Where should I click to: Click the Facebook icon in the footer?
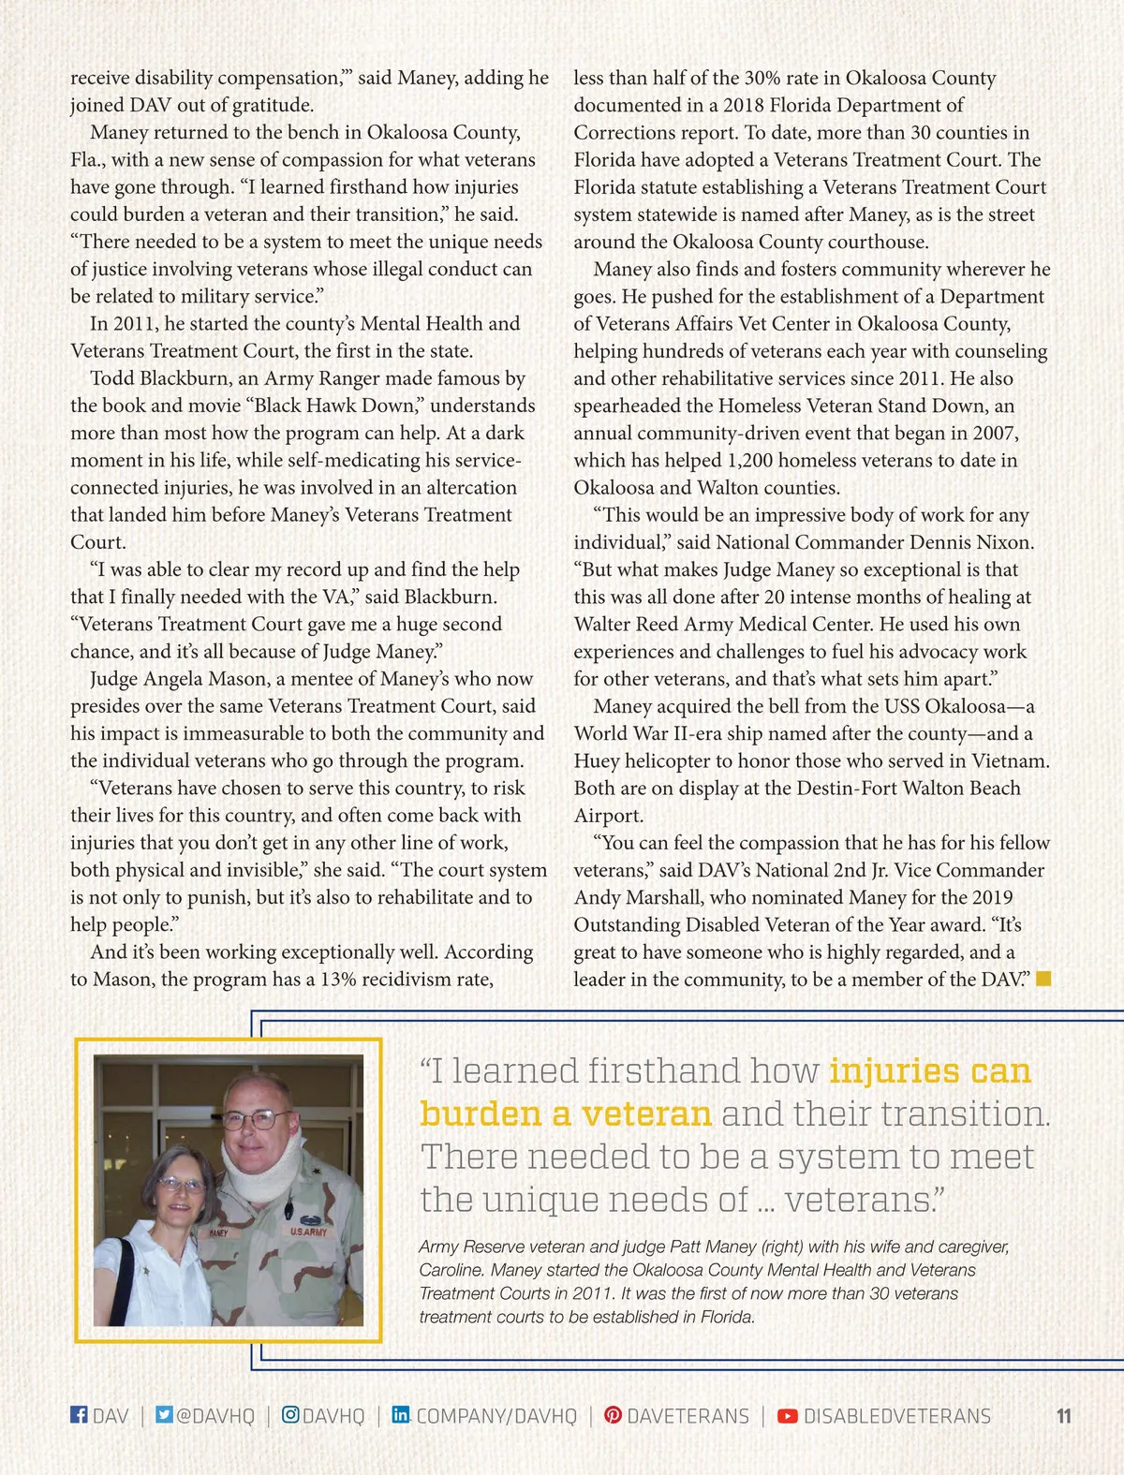pos(79,1414)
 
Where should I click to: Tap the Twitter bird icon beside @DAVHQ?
pos(164,1414)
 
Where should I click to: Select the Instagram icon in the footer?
pos(290,1414)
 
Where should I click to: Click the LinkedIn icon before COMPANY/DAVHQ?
pos(401,1414)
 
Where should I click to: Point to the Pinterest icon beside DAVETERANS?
pos(613,1414)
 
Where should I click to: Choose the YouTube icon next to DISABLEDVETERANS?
pos(788,1415)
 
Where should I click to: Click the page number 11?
pos(1063,1416)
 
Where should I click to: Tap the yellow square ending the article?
pos(1044,979)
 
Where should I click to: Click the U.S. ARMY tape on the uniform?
pos(308,1232)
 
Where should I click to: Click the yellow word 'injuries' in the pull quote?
pos(895,1069)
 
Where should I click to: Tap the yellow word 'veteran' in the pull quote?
pos(646,1113)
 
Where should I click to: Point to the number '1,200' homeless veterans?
pos(749,460)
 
